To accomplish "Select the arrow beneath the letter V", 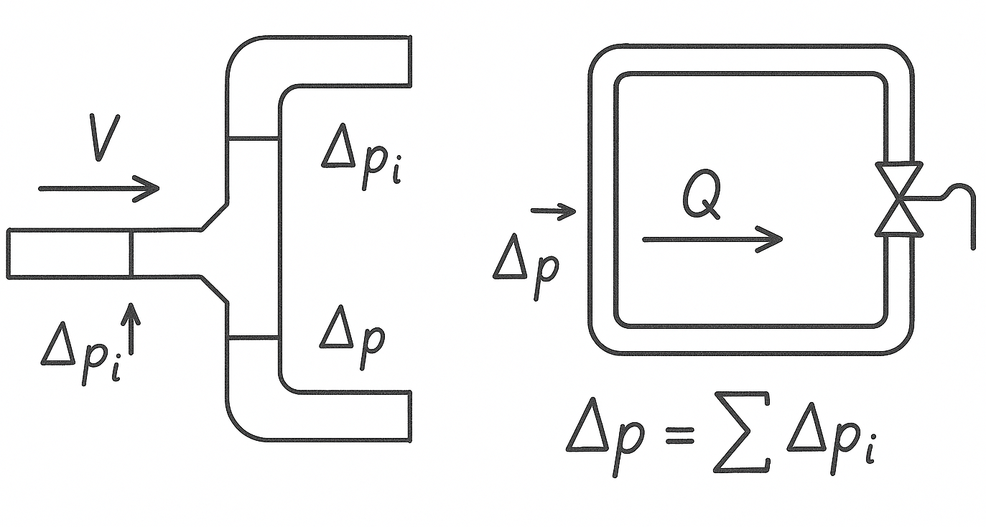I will point(98,188).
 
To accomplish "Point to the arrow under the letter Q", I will point(711,239).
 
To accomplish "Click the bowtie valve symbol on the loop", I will point(899,199).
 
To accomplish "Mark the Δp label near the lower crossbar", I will point(352,337).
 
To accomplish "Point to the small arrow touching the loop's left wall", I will point(553,211).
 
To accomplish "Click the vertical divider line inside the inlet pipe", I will point(131,253).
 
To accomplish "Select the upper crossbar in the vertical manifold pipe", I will point(253,139).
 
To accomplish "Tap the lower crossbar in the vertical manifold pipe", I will point(253,337).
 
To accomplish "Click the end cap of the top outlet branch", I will point(410,62).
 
